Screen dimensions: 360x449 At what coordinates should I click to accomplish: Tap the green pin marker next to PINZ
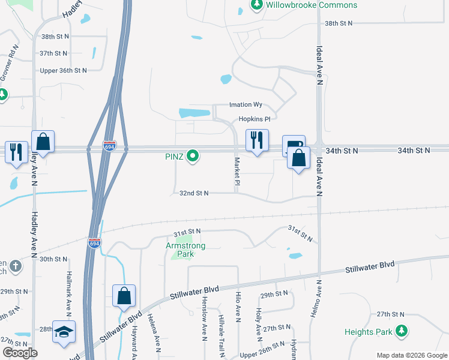(x=193, y=157)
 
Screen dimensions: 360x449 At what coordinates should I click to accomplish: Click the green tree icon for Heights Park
(x=402, y=331)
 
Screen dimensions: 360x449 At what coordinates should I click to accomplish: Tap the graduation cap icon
(x=64, y=331)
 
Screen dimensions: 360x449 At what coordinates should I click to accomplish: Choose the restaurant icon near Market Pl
(x=257, y=140)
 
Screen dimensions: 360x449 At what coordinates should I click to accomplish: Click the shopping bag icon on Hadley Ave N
(x=43, y=142)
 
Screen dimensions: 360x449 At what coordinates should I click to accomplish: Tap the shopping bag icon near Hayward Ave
(x=124, y=295)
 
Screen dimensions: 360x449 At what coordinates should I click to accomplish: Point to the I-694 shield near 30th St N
(x=94, y=243)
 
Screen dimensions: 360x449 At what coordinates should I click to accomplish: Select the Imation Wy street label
(x=246, y=104)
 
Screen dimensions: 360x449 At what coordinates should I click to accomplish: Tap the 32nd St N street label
(x=194, y=193)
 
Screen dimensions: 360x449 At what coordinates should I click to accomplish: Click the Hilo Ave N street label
(x=238, y=313)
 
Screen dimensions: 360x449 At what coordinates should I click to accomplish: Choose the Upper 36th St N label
(x=63, y=70)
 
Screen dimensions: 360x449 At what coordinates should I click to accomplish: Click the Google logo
(x=19, y=353)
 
